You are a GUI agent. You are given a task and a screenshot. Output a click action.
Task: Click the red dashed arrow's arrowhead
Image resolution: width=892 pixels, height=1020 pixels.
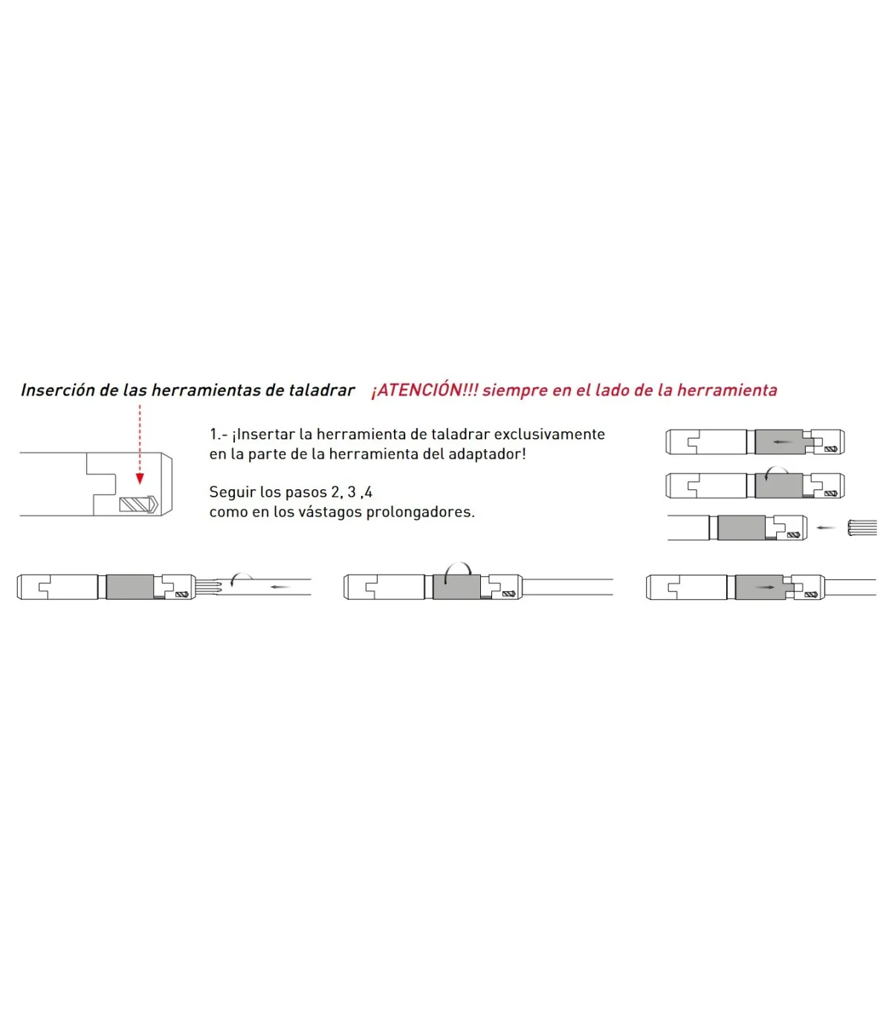coord(140,479)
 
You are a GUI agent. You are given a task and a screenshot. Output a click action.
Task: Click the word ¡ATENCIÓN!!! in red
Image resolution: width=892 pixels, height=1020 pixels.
coord(424,390)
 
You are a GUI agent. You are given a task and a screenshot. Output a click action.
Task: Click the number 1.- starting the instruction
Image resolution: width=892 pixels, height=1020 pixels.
coord(219,434)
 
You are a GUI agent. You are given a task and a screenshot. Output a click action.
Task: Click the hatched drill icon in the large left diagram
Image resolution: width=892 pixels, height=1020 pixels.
coord(138,505)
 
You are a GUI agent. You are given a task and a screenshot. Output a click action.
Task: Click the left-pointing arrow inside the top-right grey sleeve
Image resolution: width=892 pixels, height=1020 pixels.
coord(783,442)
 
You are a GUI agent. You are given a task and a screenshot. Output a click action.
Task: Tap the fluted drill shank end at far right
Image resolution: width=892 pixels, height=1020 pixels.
coord(862,527)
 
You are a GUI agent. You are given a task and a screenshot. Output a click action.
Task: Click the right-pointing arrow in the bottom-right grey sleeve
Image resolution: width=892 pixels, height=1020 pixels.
coord(765,587)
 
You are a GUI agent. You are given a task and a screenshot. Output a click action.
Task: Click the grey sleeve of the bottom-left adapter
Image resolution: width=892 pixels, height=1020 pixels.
coord(130,587)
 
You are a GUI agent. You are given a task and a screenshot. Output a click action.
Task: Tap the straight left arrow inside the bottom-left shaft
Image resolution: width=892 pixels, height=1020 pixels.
coord(280,587)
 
